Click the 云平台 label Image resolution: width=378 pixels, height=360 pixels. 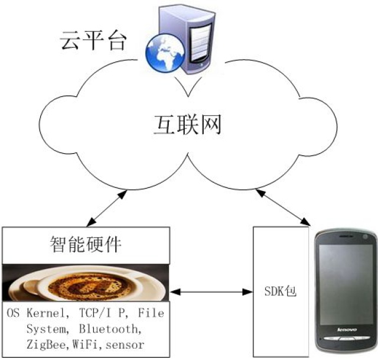click(95, 40)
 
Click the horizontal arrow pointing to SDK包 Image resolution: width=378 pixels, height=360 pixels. click(211, 291)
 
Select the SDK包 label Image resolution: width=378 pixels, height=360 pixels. click(281, 291)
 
